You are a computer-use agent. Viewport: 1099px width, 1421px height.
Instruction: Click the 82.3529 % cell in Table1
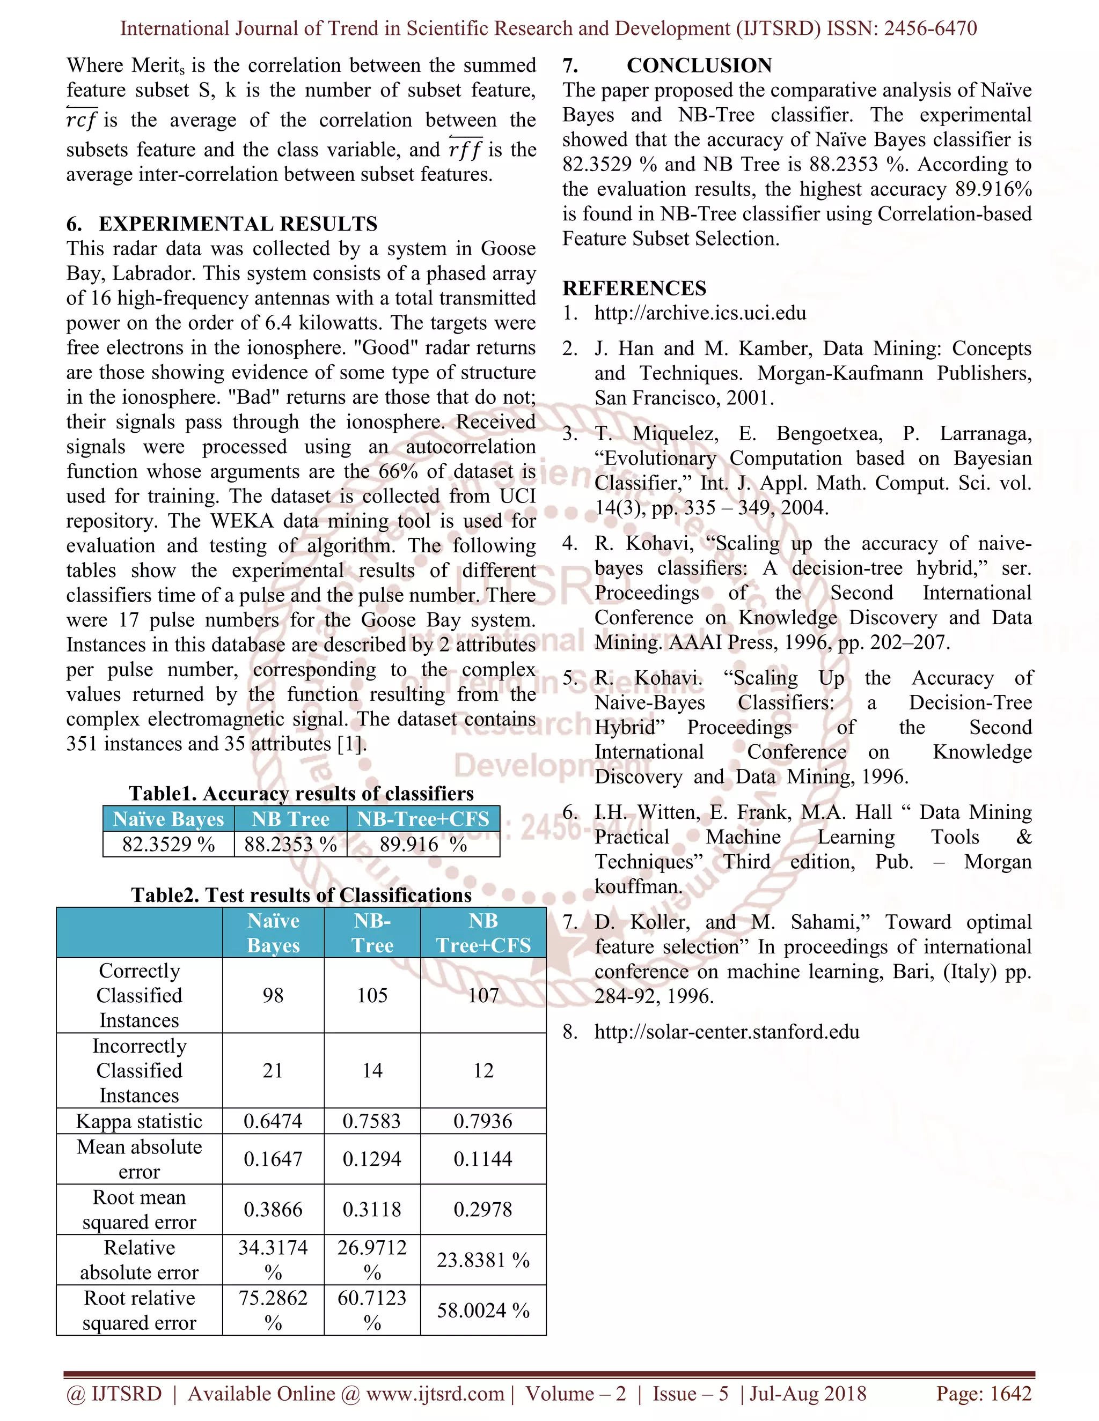pyautogui.click(x=168, y=844)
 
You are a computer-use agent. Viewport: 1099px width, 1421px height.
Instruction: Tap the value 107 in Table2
pyautogui.click(x=483, y=995)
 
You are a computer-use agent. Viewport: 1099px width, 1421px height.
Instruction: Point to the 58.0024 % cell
pyautogui.click(x=483, y=1310)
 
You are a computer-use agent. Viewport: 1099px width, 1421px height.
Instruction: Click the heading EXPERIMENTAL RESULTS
pyautogui.click(x=238, y=224)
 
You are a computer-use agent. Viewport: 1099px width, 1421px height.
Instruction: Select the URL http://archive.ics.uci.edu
pyautogui.click(x=700, y=313)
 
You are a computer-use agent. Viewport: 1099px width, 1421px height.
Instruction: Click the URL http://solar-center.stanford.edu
pyautogui.click(x=727, y=1031)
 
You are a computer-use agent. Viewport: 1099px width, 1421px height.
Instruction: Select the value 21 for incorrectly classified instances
pyautogui.click(x=273, y=1070)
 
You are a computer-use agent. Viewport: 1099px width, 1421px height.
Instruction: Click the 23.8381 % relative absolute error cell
pyautogui.click(x=483, y=1260)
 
